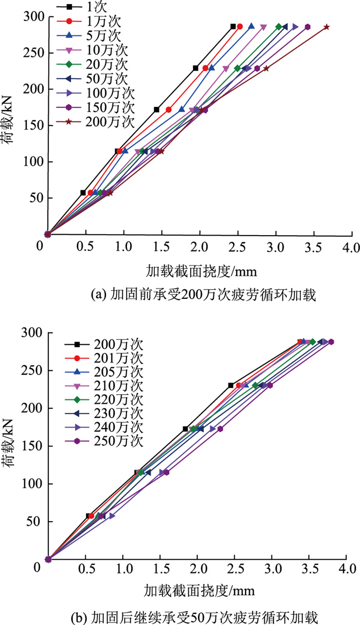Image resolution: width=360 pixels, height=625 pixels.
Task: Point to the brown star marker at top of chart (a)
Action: coord(327,27)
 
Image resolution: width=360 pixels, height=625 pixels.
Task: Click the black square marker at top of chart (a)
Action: coord(233,26)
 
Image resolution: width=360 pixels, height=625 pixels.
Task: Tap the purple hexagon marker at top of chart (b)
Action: coord(331,342)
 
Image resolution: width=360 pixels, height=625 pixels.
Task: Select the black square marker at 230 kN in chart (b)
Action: coord(231,385)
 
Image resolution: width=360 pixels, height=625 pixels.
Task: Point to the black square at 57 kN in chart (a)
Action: coord(83,192)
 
